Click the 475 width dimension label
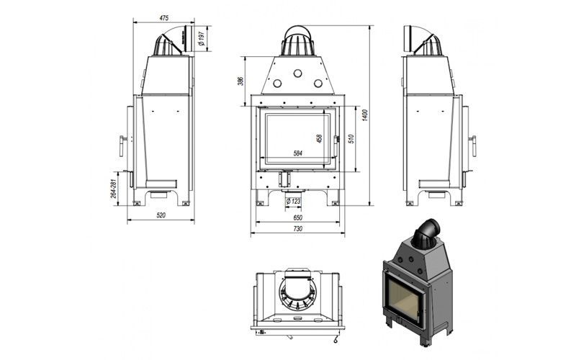[164, 17]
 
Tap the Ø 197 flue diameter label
[201, 38]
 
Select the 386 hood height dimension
[240, 81]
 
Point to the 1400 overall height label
[365, 115]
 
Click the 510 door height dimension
[351, 138]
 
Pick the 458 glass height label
[319, 138]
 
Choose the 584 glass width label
[298, 153]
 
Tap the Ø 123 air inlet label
[293, 201]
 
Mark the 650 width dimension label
[298, 218]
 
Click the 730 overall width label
[298, 228]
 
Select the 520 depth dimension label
[161, 215]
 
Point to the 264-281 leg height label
[114, 189]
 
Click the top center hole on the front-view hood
[297, 73]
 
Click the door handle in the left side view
[122, 146]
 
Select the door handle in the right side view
[473, 146]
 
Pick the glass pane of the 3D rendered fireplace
[403, 298]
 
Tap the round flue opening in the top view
[297, 293]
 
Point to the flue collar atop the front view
[297, 41]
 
